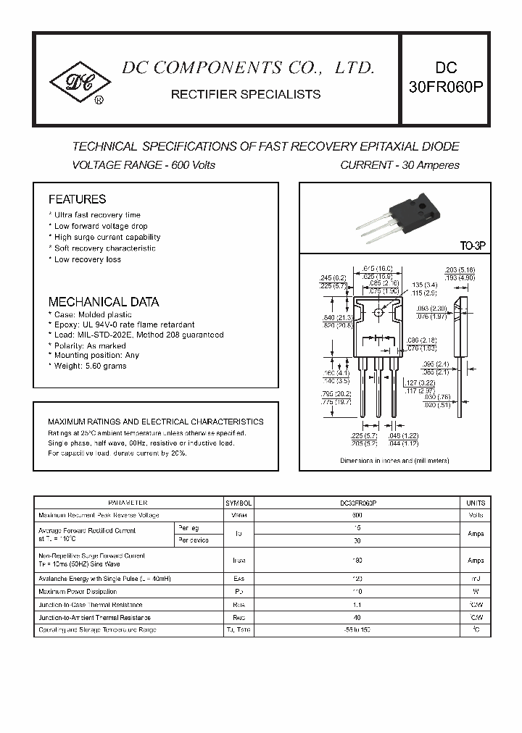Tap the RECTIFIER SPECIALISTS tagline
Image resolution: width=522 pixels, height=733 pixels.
(245, 94)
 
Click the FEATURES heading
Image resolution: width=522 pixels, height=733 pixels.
(77, 199)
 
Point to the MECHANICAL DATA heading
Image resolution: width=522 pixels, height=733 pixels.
(103, 302)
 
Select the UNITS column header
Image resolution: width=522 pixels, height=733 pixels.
(475, 503)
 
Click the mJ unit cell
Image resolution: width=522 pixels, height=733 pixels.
(475, 579)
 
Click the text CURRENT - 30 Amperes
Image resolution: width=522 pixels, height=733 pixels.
(399, 165)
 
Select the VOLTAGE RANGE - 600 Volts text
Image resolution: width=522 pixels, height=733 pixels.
(144, 165)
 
